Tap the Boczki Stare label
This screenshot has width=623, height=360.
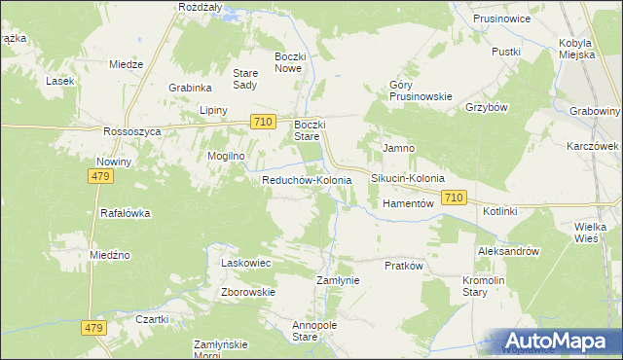pyautogui.click(x=314, y=131)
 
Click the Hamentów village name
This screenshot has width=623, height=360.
pyautogui.click(x=407, y=204)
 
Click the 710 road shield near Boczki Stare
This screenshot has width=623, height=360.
pyautogui.click(x=261, y=122)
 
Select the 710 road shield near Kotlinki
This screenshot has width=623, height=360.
pyautogui.click(x=453, y=198)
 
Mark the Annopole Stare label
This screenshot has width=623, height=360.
pyautogui.click(x=306, y=331)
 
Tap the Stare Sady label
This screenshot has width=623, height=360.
pyautogui.click(x=244, y=79)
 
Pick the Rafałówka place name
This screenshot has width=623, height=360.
pyautogui.click(x=126, y=213)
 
